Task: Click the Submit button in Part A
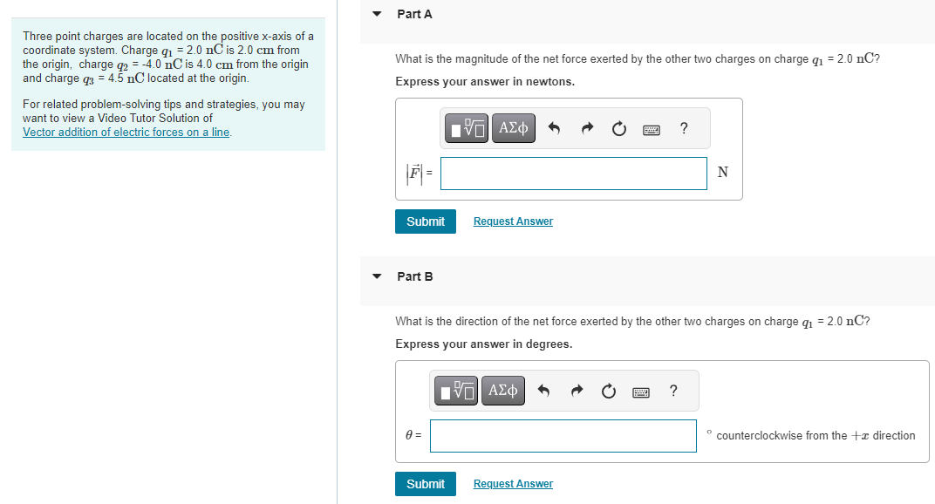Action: tap(426, 221)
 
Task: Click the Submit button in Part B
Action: tap(426, 484)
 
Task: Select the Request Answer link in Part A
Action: tap(513, 221)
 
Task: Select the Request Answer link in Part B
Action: tap(513, 484)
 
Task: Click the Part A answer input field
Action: tap(573, 173)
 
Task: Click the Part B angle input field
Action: tap(563, 436)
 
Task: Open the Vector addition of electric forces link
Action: tap(126, 132)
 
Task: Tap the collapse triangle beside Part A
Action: tap(377, 14)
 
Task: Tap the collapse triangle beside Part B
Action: tap(377, 276)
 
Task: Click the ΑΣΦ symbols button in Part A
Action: tap(513, 129)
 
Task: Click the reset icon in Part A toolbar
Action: tap(618, 129)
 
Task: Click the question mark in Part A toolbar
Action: tap(683, 129)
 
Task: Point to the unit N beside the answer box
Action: tap(722, 173)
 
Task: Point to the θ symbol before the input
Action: tap(410, 436)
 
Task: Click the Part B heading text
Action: tap(414, 276)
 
